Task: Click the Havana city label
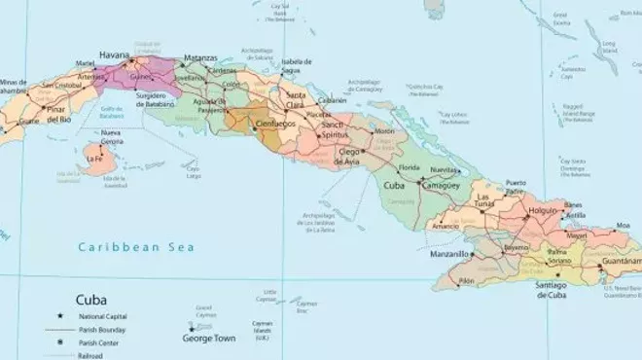click(117, 55)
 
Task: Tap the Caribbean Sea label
click(136, 247)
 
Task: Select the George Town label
click(208, 340)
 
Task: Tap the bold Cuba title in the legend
click(93, 301)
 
